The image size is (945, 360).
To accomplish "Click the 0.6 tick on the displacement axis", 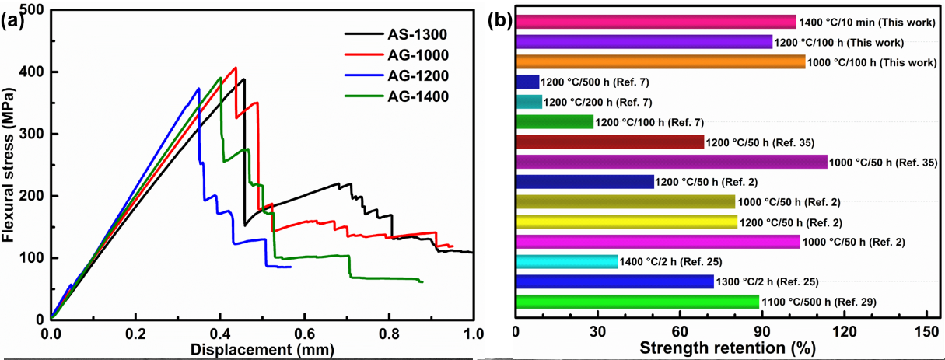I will click(x=304, y=334).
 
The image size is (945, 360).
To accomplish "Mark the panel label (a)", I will click(x=13, y=21).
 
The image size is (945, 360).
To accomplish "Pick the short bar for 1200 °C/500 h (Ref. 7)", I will click(x=527, y=82).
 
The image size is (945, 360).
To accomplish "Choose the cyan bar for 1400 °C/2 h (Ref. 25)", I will click(x=567, y=262).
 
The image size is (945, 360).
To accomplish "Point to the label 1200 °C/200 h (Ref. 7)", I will click(x=597, y=102).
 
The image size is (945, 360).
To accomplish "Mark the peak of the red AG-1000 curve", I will click(x=235, y=68).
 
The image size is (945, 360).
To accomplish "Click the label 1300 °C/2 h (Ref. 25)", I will click(x=768, y=282).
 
